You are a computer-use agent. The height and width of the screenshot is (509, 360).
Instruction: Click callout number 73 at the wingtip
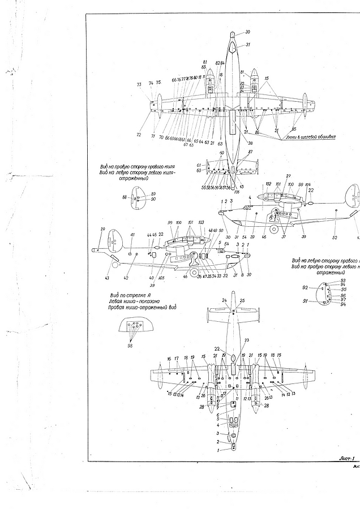139,84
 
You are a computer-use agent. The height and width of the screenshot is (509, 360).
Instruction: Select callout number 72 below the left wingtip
139,135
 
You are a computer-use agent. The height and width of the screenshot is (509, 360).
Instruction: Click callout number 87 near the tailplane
250,152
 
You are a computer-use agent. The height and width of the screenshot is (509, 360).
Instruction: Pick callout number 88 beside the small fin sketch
124,197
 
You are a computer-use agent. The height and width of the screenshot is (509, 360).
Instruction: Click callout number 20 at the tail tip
102,229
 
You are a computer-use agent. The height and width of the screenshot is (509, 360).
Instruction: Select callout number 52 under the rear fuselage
334,238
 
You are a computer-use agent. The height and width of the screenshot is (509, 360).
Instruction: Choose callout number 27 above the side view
288,176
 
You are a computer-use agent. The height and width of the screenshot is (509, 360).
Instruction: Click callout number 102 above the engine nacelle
269,184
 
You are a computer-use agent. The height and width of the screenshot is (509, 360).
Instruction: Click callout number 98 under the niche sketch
132,346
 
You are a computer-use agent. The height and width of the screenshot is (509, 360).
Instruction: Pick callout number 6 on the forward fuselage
218,415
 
